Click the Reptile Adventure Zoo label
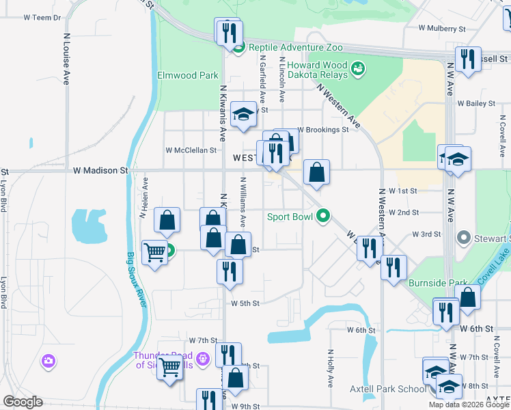(295, 47)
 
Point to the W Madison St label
(100, 170)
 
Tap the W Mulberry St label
(442, 29)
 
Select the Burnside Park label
(438, 282)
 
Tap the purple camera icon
(48, 360)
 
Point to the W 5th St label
(245, 303)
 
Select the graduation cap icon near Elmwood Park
(243, 115)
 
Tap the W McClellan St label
(191, 150)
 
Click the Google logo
(23, 402)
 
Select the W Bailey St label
(475, 103)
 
